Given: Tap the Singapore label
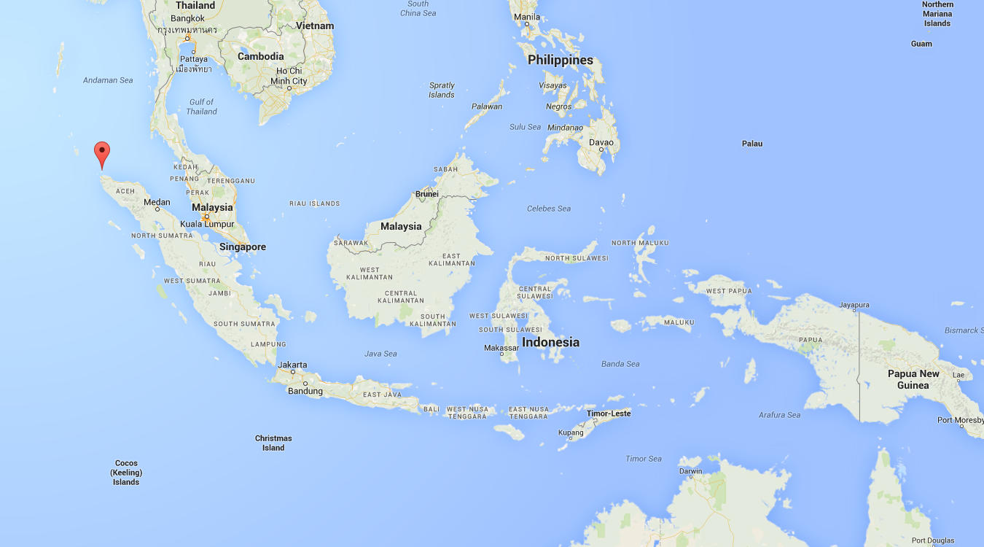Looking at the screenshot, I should (243, 247).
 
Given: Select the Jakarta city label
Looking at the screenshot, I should (292, 365).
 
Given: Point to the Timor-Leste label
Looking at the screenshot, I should (609, 414).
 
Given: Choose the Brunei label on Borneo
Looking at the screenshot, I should (427, 194).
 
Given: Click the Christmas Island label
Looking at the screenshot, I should (273, 443).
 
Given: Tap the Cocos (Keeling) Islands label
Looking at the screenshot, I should (126, 473).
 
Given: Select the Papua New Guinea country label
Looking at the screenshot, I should (913, 379).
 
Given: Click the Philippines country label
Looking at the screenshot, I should (561, 61).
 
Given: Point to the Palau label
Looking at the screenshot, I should (752, 144).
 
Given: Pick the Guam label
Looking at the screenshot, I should (921, 44).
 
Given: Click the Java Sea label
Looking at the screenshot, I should (380, 354).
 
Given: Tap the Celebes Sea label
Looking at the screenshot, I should (549, 209).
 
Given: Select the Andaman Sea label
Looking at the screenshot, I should (108, 80).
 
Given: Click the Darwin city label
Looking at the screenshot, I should (690, 471).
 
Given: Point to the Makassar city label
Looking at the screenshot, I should (501, 348).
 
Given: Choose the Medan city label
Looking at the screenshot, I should (157, 202).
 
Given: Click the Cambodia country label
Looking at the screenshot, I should (260, 56).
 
